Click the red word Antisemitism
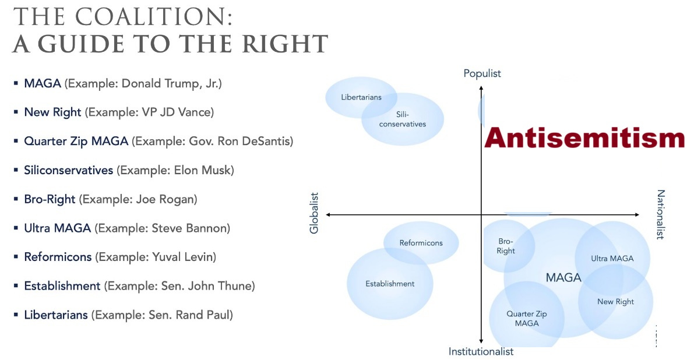[584, 137]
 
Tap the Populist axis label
[482, 73]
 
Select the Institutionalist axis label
[481, 351]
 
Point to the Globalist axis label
[314, 213]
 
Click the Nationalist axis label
[661, 214]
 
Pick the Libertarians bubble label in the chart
[361, 97]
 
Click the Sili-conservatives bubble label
[403, 119]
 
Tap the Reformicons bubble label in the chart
[421, 243]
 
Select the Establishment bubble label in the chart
[390, 284]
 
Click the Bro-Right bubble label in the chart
[506, 246]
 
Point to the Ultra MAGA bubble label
[612, 259]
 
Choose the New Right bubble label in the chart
[615, 302]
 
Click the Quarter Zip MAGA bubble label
[527, 319]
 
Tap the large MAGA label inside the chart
[563, 277]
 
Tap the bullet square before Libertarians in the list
[16, 315]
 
